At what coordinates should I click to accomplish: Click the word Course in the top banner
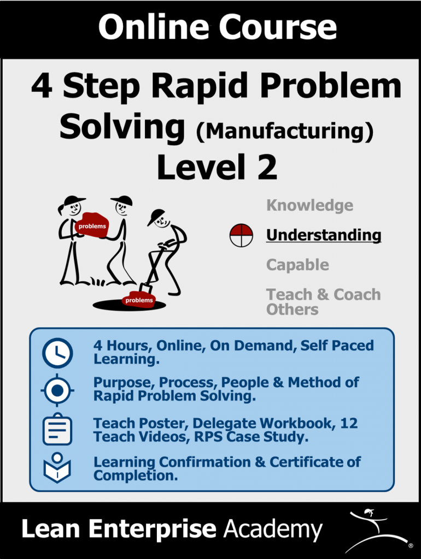(277, 27)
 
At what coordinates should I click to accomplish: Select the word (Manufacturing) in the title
(285, 131)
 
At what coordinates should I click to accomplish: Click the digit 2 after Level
(267, 167)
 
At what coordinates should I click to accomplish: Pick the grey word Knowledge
(310, 206)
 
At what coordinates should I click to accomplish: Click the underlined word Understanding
(324, 235)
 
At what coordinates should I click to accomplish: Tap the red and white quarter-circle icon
(241, 236)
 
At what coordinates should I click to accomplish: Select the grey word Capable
(298, 265)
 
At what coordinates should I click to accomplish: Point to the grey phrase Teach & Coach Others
(324, 301)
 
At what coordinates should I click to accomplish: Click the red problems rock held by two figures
(92, 225)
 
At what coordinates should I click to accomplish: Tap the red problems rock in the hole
(139, 300)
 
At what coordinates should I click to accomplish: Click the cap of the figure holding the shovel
(156, 216)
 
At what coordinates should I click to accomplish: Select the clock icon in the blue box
(57, 353)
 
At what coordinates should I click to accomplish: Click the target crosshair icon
(57, 390)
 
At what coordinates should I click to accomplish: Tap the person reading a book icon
(57, 468)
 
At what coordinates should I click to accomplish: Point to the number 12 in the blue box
(349, 423)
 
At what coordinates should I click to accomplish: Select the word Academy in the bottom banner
(273, 530)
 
